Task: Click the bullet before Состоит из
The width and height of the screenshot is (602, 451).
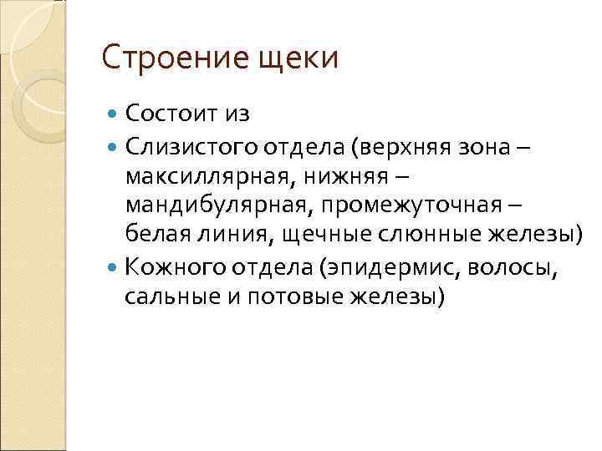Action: click(115, 113)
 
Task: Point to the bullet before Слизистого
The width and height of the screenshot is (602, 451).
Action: click(115, 149)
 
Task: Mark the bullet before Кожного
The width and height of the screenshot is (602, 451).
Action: click(115, 268)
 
